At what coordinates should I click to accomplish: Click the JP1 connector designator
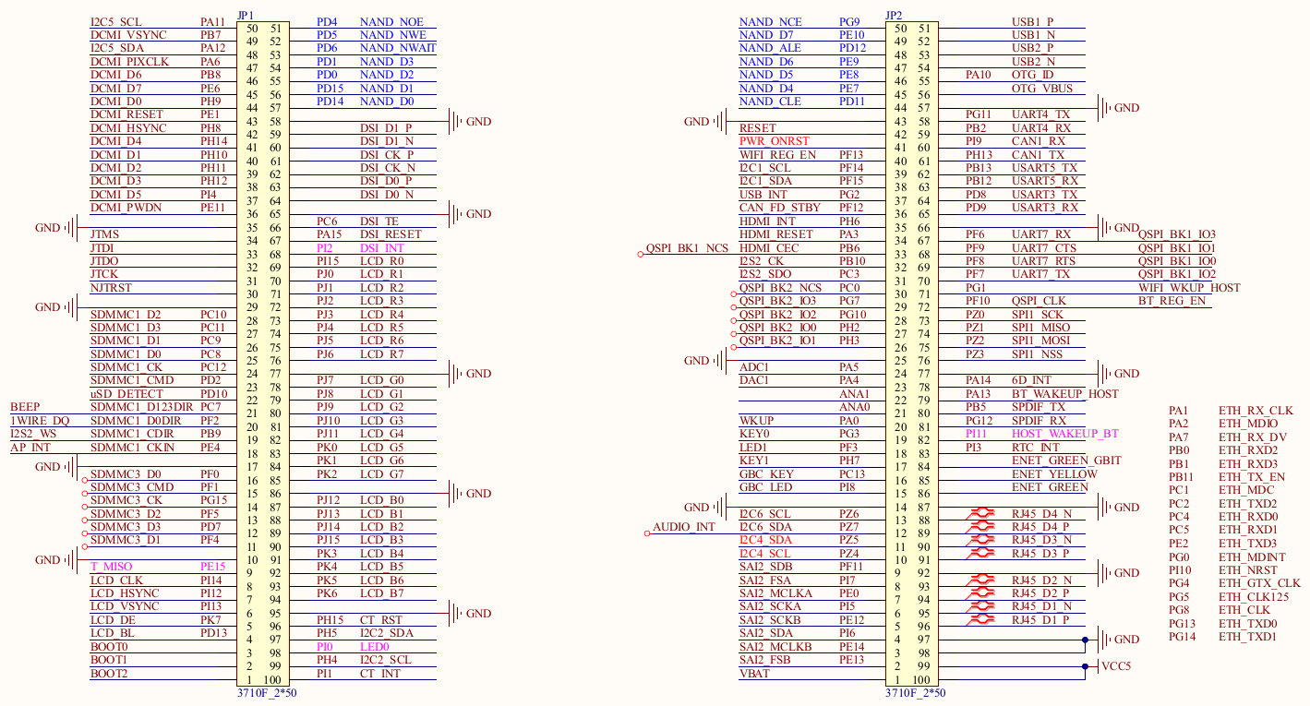coord(246,15)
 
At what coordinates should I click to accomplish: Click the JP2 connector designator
coord(894,15)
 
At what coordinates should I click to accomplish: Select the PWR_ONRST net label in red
coord(774,141)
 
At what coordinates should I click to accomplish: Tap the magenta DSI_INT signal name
coord(382,248)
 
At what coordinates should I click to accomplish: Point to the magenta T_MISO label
coord(111,567)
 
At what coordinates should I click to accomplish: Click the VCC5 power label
coord(1116,666)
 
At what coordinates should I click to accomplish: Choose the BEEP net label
coord(25,407)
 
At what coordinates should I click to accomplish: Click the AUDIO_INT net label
coord(684,527)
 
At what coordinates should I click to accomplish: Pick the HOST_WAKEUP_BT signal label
coord(1065,434)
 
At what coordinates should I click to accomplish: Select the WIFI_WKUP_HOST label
coord(1189,288)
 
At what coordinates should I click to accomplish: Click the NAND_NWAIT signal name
coord(398,48)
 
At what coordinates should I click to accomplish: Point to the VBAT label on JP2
coord(754,674)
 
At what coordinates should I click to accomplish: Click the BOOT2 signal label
coord(109,674)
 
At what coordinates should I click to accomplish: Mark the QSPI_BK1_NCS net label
coord(687,248)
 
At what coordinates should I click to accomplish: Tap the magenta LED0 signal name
coord(374,646)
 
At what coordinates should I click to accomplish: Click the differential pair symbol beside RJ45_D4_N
coord(980,513)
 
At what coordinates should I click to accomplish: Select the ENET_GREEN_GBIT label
coord(1066,460)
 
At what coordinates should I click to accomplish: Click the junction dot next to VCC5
coord(1085,666)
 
